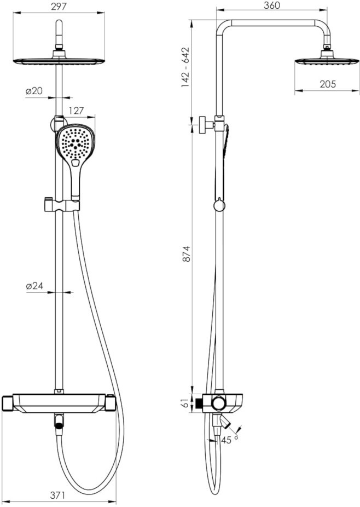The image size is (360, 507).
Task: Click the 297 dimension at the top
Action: [x=59, y=7]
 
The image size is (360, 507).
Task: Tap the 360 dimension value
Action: [x=272, y=5]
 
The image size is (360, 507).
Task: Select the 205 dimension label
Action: [x=328, y=84]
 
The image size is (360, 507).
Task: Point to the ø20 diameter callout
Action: [x=34, y=91]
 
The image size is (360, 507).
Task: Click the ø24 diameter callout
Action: [x=34, y=286]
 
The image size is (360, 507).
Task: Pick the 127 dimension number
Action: [x=76, y=111]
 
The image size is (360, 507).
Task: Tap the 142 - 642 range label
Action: [x=185, y=67]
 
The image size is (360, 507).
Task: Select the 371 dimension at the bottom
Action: [x=58, y=495]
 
